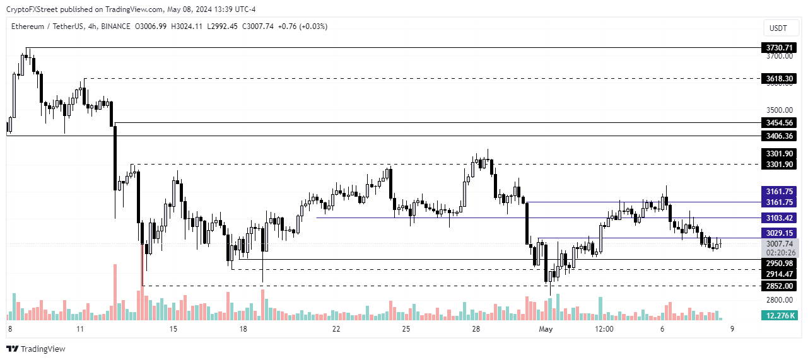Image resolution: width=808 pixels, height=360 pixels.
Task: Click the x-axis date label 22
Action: click(x=336, y=329)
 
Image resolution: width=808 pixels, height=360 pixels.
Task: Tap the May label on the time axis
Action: click(x=545, y=329)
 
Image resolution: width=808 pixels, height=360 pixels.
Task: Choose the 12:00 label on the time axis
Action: click(x=604, y=329)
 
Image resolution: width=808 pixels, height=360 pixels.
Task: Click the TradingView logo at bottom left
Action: click(x=37, y=349)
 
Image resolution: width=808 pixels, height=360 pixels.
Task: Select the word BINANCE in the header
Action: click(x=114, y=26)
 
